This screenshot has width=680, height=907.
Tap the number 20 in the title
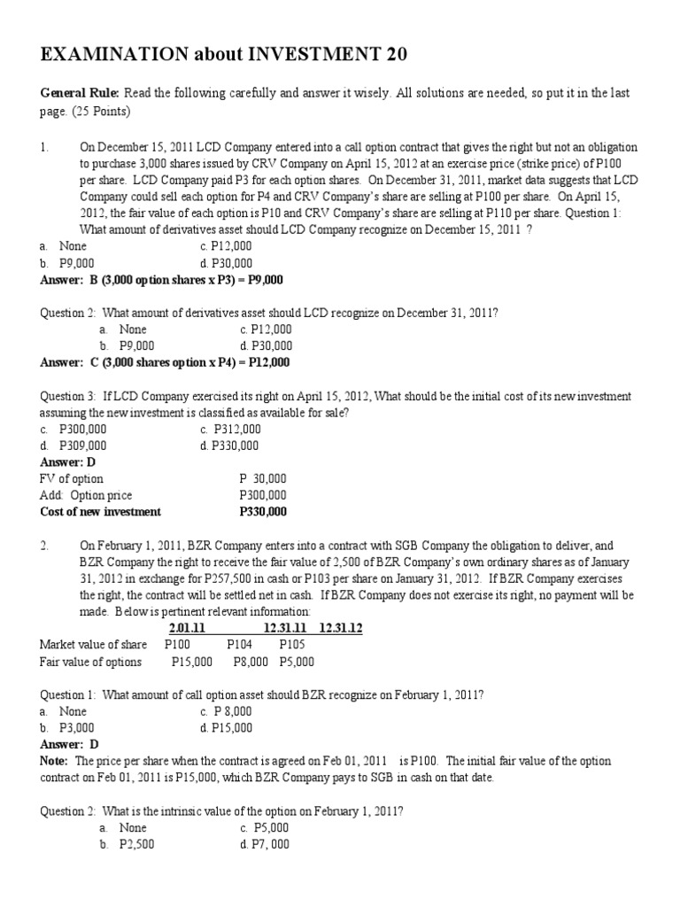click(x=373, y=58)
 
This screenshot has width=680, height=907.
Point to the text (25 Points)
click(x=104, y=111)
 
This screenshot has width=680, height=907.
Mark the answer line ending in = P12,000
click(x=165, y=362)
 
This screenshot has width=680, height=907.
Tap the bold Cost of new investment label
click(x=101, y=512)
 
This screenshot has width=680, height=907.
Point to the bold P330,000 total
click(x=263, y=512)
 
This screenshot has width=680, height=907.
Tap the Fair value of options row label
click(x=90, y=662)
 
